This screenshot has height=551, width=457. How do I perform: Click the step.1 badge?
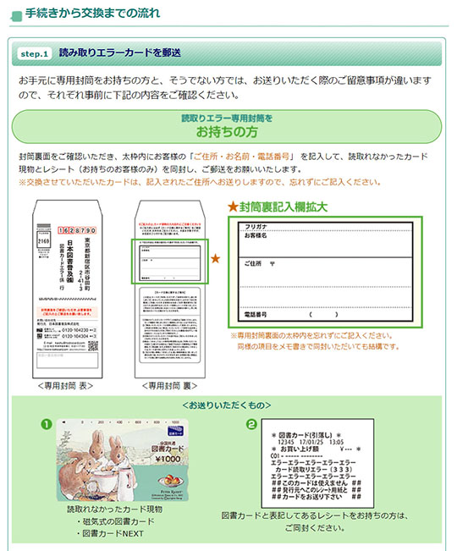34,53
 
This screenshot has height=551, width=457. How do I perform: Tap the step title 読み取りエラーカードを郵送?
119,53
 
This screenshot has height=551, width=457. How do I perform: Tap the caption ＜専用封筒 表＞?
71,385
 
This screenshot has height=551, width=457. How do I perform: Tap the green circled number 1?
47,423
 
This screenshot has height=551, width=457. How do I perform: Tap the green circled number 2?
251,423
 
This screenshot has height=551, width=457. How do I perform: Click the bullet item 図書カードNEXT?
110,536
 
